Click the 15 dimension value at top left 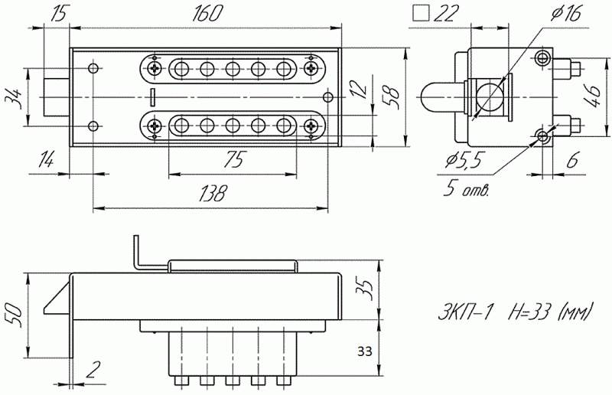pos(59,13)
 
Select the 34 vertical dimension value pos(12,98)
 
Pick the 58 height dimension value pos(389,96)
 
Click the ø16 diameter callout pos(565,13)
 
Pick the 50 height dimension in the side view pos(12,314)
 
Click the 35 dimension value pos(366,289)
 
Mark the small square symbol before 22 pos(419,12)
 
